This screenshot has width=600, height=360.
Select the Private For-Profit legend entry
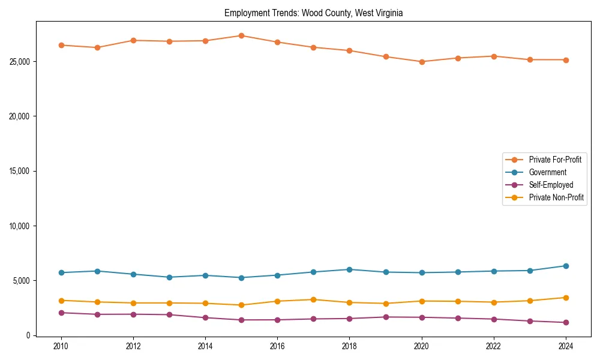554,160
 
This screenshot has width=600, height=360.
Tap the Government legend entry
547,172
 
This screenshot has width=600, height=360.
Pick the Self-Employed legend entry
551,185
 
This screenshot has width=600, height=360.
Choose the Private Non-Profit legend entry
556,197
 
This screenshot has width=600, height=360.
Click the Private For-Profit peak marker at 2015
241,35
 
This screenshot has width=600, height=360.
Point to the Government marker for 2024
566,266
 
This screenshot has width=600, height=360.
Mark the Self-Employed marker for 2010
61,313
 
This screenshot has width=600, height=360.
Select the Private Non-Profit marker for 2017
313,299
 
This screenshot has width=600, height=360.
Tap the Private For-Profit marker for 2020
422,62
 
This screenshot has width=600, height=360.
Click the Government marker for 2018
350,269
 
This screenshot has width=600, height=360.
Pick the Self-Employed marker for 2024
566,322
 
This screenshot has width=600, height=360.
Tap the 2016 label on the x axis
277,346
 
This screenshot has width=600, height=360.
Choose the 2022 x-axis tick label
494,346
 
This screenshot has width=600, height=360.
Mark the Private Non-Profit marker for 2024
566,298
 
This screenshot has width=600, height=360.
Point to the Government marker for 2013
169,277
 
